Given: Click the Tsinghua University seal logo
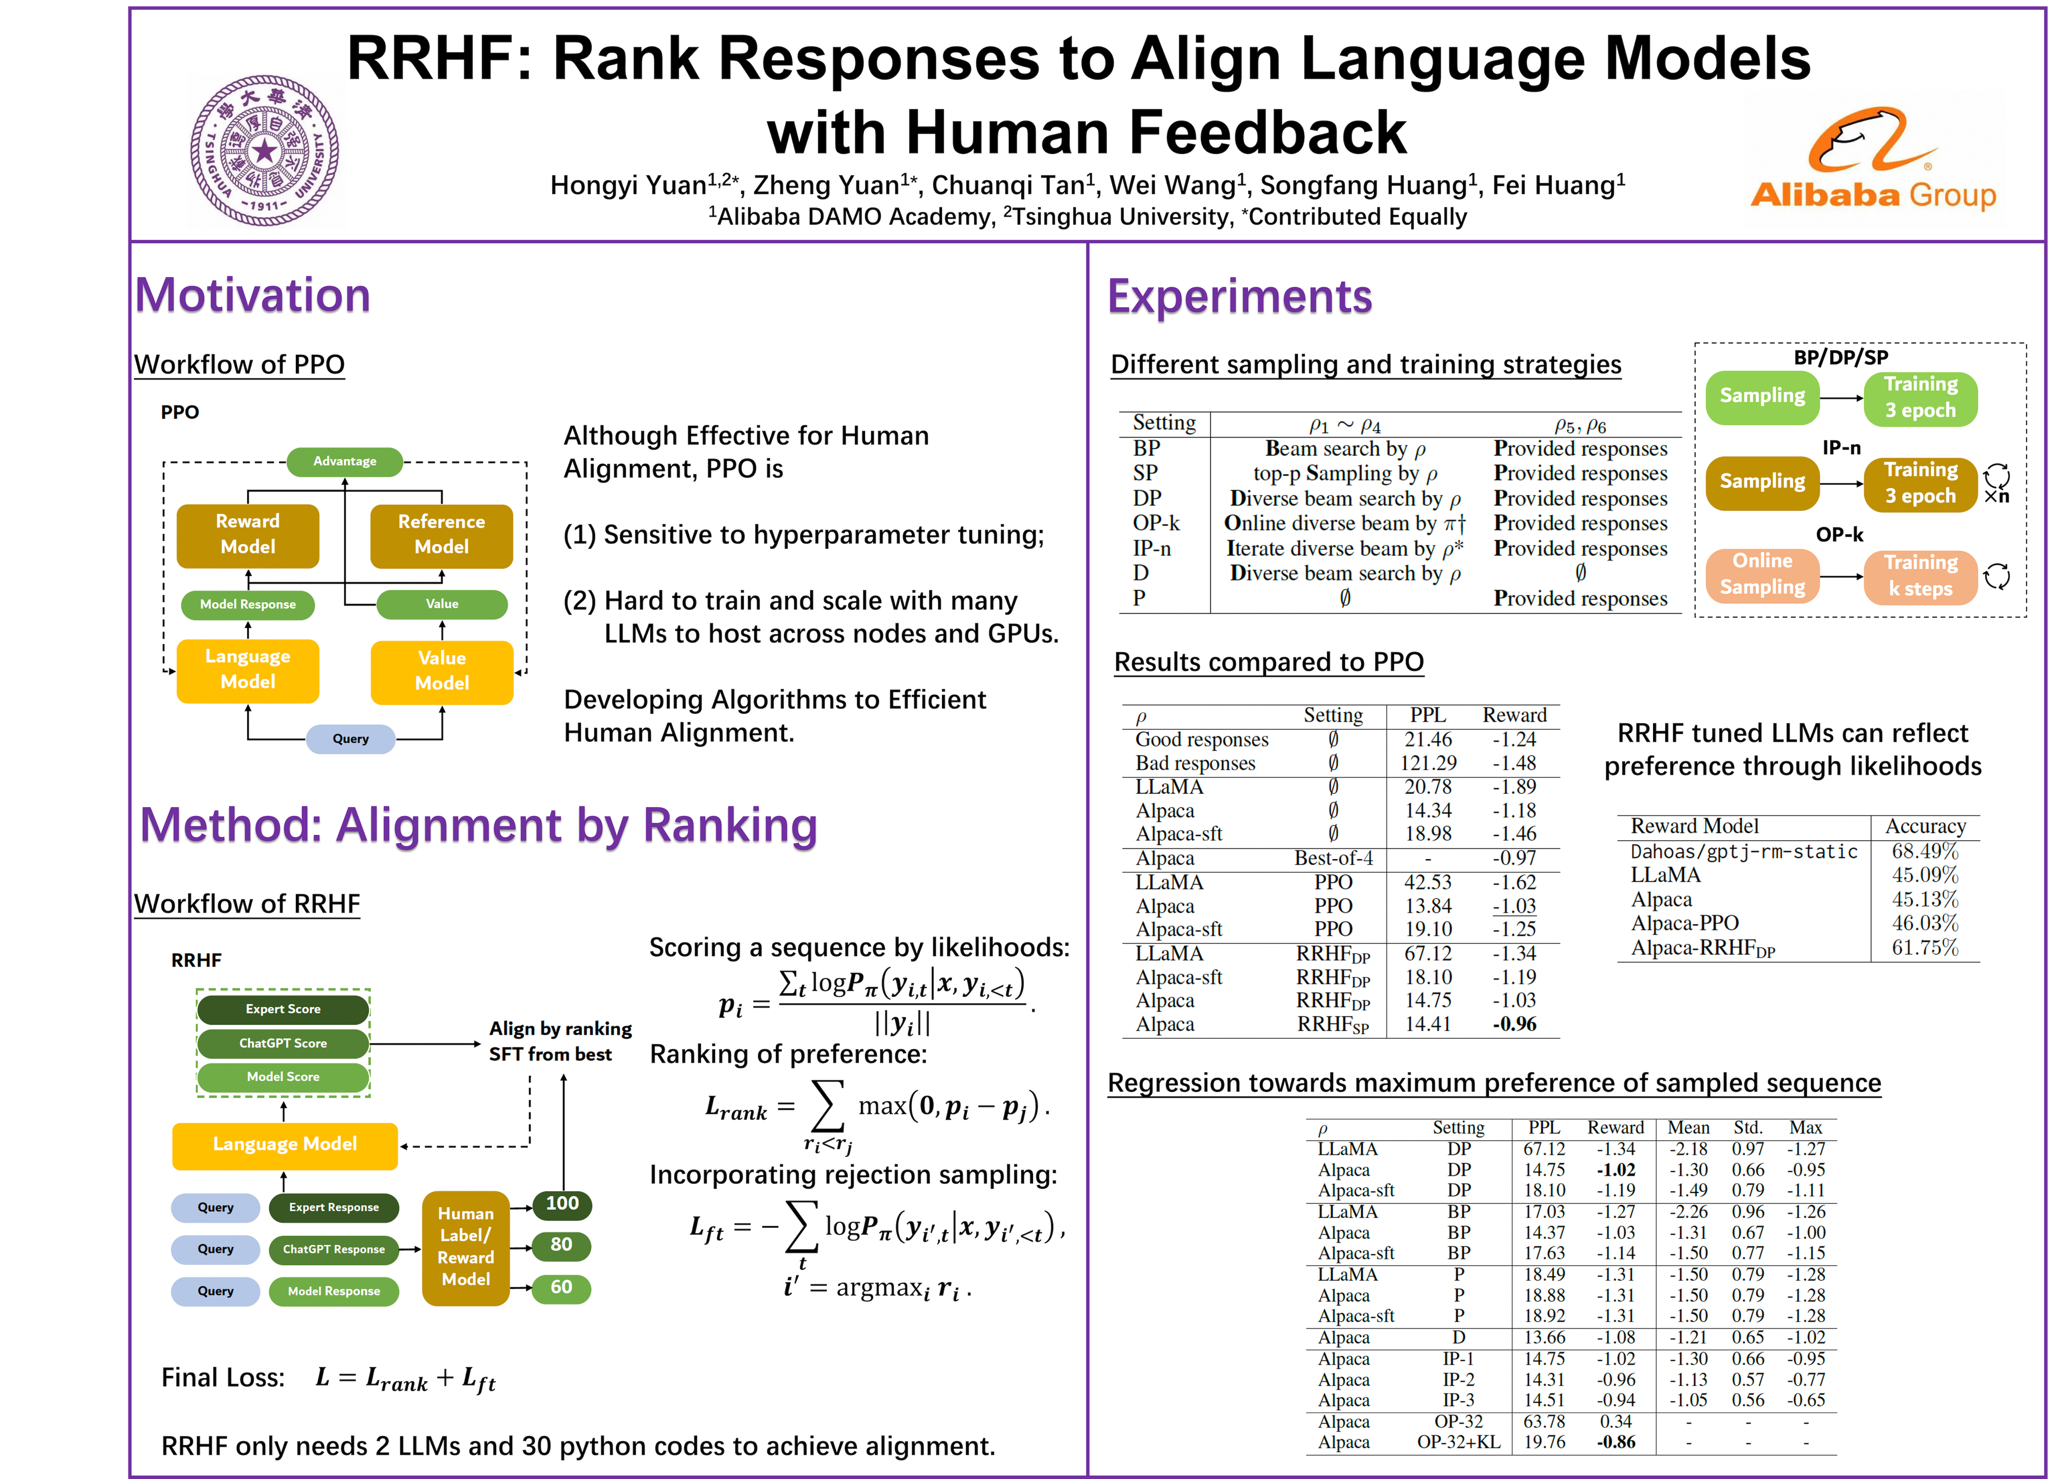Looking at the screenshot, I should point(265,150).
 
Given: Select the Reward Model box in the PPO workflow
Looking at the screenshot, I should point(248,535).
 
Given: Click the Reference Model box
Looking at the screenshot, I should point(442,535).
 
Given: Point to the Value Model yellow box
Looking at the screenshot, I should point(442,671).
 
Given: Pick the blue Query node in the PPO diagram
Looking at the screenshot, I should point(350,738).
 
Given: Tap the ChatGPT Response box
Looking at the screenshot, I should point(333,1249).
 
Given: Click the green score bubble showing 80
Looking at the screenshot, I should point(561,1245).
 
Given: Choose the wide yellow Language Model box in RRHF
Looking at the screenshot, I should point(285,1144).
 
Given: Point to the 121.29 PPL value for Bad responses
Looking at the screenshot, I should point(1427,763).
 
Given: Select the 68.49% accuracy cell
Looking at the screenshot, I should point(1924,851).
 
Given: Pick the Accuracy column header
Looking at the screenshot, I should point(1924,826).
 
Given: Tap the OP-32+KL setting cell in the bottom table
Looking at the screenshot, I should point(1458,1442).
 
